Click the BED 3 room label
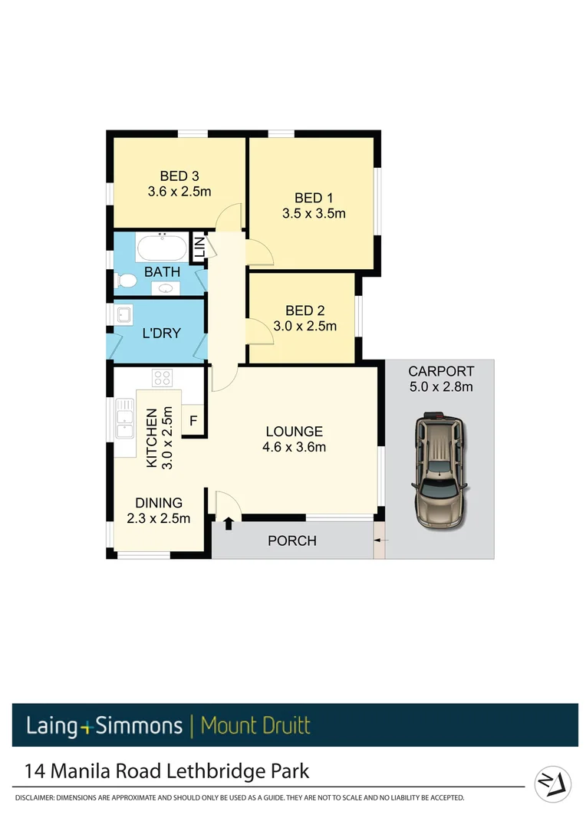[x=179, y=175]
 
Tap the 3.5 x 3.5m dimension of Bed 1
[x=314, y=213]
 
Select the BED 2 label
[x=305, y=310]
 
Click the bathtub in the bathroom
[x=161, y=248]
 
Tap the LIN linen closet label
[x=199, y=248]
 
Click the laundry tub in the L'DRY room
[x=124, y=314]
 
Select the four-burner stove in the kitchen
[x=163, y=377]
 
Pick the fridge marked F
[x=193, y=420]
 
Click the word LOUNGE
[x=295, y=432]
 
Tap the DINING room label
[x=159, y=503]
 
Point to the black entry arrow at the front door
[x=229, y=524]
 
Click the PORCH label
[x=291, y=540]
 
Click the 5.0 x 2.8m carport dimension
[x=441, y=386]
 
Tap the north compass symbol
[x=553, y=784]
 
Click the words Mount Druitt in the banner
[x=255, y=725]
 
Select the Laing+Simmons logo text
[x=104, y=725]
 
